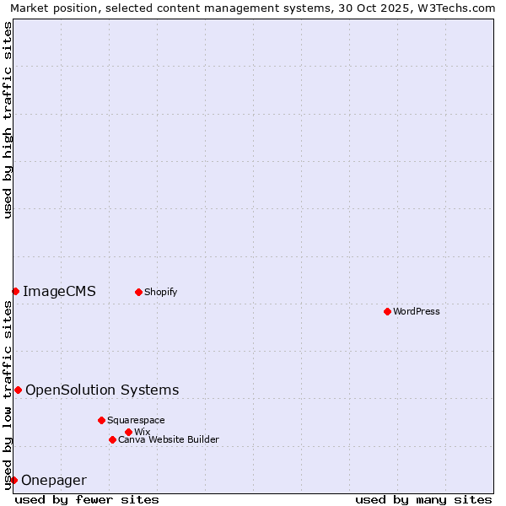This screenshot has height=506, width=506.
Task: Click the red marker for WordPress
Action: [x=387, y=311]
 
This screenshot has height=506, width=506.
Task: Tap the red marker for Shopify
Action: [x=138, y=292]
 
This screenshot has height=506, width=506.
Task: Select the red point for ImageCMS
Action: [x=15, y=291]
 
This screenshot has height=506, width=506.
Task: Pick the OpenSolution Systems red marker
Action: [x=18, y=390]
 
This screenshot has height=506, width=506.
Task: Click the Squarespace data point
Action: [x=101, y=420]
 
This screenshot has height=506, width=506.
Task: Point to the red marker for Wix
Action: [x=128, y=432]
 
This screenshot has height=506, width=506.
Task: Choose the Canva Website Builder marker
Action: [x=112, y=439]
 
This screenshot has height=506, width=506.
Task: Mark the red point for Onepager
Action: [x=13, y=480]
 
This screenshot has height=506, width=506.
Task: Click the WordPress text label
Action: [x=417, y=311]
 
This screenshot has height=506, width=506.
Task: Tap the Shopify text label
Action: [x=161, y=292]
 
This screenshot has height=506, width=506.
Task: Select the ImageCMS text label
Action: [x=59, y=291]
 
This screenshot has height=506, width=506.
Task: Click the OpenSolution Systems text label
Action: [x=102, y=390]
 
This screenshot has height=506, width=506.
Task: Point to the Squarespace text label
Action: [x=137, y=420]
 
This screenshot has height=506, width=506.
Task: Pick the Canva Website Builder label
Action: [x=169, y=439]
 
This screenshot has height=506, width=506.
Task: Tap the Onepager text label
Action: [x=54, y=480]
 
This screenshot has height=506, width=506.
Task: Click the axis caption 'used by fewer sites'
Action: [x=87, y=499]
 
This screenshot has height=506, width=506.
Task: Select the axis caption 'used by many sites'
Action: [x=423, y=499]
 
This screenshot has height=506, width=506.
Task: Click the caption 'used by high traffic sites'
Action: [x=8, y=120]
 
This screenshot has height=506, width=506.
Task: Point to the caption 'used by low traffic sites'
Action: [x=8, y=395]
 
